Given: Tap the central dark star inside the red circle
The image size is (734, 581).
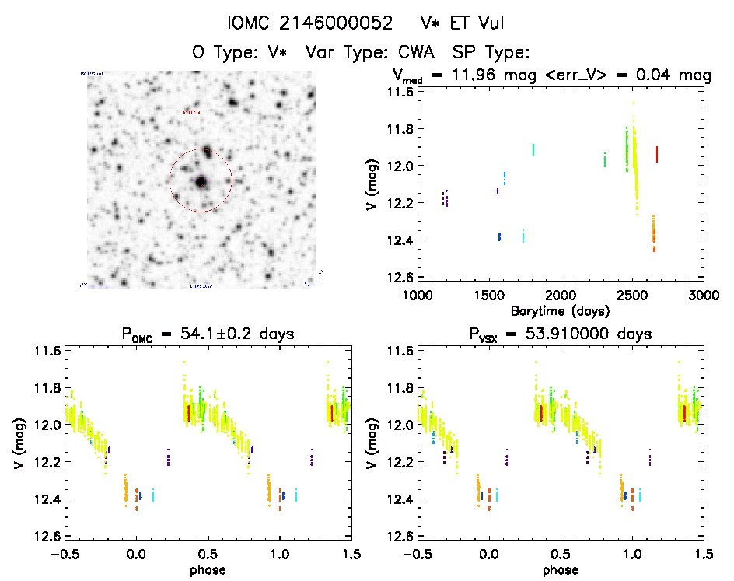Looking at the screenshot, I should coord(201,182).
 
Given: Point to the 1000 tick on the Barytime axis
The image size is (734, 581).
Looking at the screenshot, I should coord(417,296).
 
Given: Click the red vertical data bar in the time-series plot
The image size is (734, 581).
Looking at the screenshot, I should coord(657,154).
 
